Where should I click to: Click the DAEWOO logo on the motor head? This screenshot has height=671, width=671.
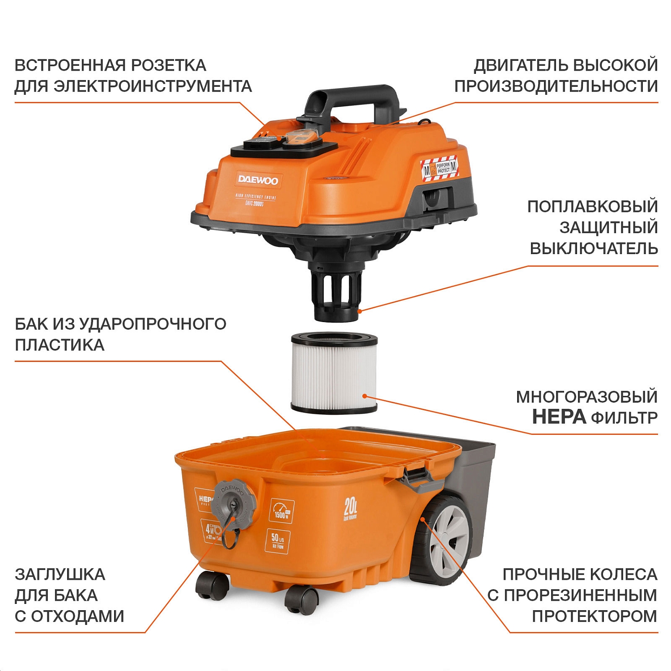click(x=258, y=180)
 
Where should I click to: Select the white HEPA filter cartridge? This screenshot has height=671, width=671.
click(x=334, y=372)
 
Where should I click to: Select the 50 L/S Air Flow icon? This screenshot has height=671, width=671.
click(x=278, y=541)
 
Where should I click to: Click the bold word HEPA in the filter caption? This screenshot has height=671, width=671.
click(x=559, y=417)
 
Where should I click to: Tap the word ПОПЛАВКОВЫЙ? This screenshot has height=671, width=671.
click(x=592, y=207)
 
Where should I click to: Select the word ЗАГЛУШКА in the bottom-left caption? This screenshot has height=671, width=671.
click(x=60, y=574)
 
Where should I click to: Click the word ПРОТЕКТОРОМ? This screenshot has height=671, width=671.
click(x=594, y=616)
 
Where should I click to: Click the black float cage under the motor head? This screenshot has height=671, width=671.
click(x=336, y=293)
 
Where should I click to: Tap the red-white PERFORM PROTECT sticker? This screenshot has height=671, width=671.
click(x=439, y=169)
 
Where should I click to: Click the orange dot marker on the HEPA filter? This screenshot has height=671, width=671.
click(x=365, y=396)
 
